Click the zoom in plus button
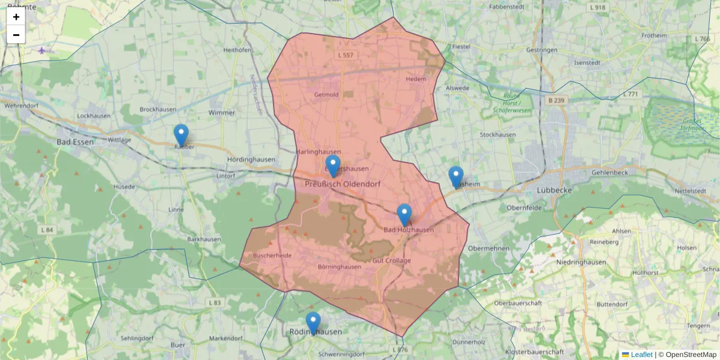click(x=16, y=17)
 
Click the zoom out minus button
click(x=16, y=35)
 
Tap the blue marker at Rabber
click(x=181, y=135)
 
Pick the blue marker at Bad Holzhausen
click(x=404, y=215)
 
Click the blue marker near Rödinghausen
click(x=313, y=323)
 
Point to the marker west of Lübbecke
click(x=456, y=177)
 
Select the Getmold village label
click(x=326, y=95)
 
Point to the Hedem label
click(x=416, y=79)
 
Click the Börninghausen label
click(x=340, y=267)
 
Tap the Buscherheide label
click(x=272, y=255)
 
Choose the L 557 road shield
click(x=346, y=55)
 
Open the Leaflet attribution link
click(x=641, y=355)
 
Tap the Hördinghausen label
click(x=251, y=160)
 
